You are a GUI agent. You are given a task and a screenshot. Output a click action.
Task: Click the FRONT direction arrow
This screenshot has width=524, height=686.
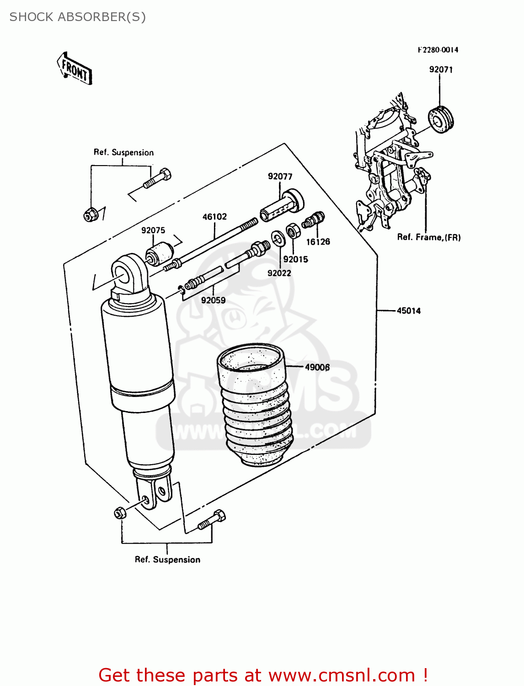point(75,69)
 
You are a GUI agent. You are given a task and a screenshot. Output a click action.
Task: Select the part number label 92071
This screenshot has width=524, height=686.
point(440,70)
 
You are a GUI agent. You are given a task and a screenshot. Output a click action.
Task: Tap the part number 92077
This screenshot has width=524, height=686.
point(280,177)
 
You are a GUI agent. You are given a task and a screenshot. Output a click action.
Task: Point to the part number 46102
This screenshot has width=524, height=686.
point(214,217)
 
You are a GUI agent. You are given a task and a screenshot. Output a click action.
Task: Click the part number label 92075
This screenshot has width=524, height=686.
point(153,230)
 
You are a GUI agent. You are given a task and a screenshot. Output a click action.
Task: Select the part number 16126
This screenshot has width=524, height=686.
point(318,242)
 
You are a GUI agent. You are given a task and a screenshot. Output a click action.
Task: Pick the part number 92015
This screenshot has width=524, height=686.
point(295,259)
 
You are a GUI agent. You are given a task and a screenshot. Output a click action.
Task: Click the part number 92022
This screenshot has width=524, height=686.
point(279,273)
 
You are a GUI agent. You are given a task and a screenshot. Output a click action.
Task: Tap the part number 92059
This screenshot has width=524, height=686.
point(213,300)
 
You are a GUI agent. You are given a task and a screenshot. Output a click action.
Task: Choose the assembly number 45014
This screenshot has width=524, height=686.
point(408,311)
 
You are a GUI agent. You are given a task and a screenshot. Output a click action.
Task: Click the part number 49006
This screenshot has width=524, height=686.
point(317,367)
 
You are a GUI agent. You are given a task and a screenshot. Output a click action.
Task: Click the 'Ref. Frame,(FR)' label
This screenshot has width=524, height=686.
point(428,237)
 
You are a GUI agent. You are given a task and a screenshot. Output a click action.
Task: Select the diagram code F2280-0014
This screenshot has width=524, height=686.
point(438,50)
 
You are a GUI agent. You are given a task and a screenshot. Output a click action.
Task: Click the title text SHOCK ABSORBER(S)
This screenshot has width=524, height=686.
point(78,17)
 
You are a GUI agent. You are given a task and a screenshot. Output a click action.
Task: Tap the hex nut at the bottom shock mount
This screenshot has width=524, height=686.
point(120,513)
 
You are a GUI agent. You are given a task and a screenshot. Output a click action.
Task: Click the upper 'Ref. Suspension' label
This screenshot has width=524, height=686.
point(123,153)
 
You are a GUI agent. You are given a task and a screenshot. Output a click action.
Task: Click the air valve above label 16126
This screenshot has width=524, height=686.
point(313,221)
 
